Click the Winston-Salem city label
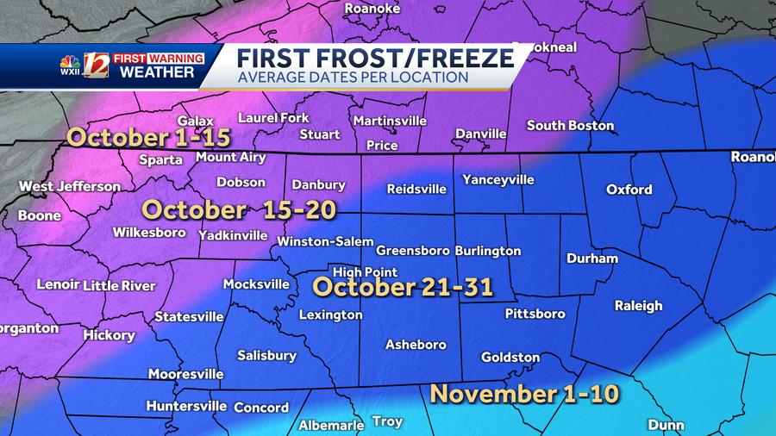point(325,242)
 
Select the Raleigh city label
point(638,306)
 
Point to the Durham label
point(592,258)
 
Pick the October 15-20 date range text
point(239,209)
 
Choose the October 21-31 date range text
point(403,287)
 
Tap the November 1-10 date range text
point(524,395)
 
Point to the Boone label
point(40,215)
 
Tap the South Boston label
point(570,126)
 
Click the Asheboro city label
point(416,345)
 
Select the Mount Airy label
point(232,157)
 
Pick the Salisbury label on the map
point(266,355)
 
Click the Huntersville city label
point(186,406)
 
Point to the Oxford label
point(629,190)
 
